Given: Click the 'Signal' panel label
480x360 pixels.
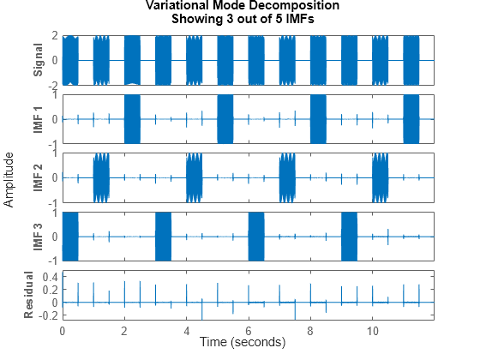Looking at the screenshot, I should (38, 60).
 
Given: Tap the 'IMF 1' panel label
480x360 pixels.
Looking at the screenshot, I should (38, 119).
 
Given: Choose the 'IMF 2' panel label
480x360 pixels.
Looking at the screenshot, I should (38, 177).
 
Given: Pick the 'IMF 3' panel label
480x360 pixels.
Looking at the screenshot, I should (38, 236).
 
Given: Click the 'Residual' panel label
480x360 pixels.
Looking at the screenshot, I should (28, 295).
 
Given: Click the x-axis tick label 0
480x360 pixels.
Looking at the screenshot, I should (62, 329).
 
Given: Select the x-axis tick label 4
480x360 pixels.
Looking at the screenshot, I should (186, 329).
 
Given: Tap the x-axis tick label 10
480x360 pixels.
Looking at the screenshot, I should (372, 329).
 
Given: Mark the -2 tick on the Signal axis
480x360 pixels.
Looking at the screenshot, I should (52, 86).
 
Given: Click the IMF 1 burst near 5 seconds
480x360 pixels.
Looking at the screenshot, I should (225, 119).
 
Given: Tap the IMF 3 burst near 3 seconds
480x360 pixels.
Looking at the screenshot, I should (164, 236).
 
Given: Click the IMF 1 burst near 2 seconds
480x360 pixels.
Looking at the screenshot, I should (132, 119).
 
